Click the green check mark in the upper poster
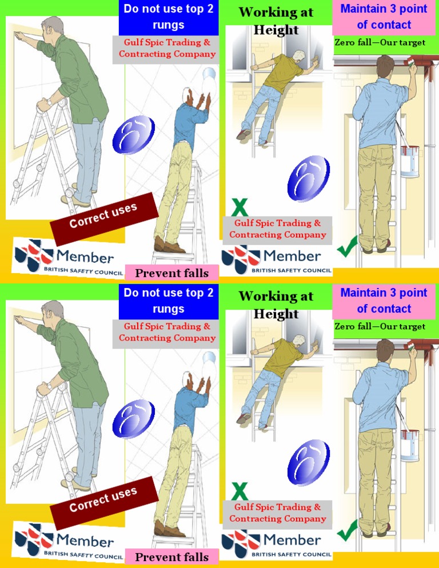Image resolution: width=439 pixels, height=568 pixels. point(347,247)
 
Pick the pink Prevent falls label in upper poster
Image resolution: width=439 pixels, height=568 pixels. point(171,273)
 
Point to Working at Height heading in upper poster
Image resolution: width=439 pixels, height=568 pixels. point(276,21)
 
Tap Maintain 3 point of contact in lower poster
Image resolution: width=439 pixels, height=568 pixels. point(384,301)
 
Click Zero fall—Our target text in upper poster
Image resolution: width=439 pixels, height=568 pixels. point(380,43)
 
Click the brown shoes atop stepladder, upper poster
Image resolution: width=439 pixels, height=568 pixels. point(170,246)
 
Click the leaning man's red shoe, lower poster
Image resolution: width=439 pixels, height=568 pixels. point(244,418)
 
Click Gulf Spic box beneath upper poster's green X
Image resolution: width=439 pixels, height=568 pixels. point(277,229)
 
